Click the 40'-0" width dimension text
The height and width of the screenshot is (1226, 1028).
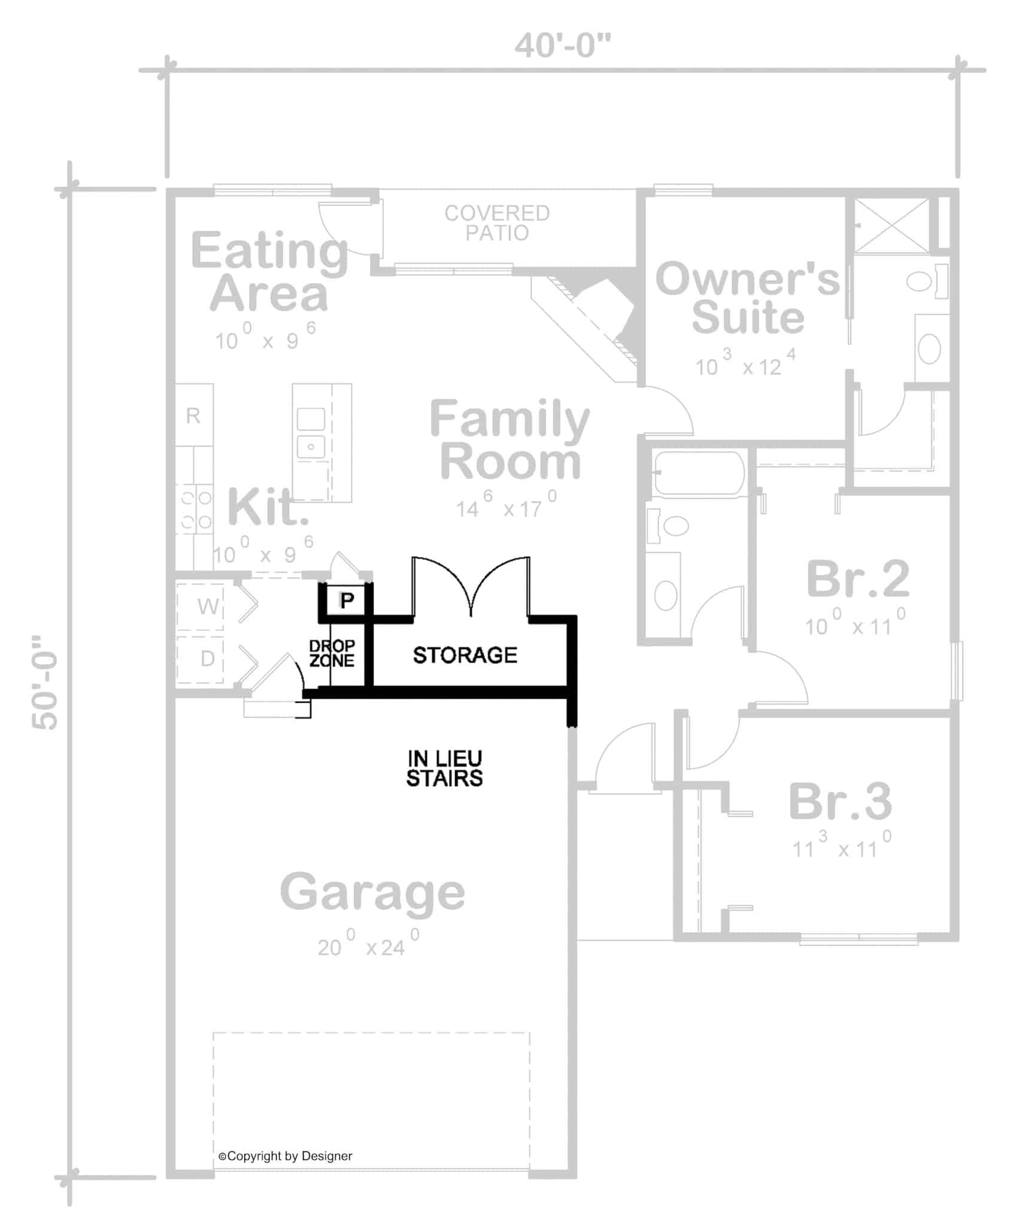point(562,46)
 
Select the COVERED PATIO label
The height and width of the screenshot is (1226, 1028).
point(496,223)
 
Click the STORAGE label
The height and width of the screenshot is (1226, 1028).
point(465,656)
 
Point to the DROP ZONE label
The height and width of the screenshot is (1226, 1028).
point(332,653)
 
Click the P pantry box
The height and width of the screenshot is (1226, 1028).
point(347,599)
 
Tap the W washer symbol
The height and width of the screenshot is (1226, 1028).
point(207,606)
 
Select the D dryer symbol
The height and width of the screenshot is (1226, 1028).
point(207,658)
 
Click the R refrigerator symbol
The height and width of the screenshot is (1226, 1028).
point(193,415)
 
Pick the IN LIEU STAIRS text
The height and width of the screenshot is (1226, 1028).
point(444,769)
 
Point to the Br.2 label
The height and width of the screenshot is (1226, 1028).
point(858,579)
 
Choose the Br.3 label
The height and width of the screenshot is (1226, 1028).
point(840,802)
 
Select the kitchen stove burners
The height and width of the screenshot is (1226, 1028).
point(196,509)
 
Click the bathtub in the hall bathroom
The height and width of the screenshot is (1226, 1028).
point(698,473)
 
